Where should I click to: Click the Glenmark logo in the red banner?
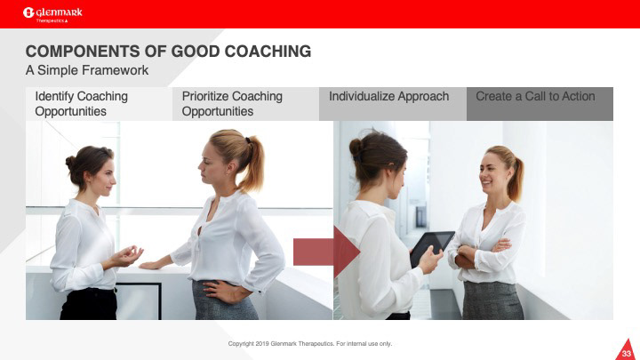(x=52, y=15)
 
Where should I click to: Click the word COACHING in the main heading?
(x=268, y=52)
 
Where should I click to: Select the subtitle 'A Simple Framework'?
(x=87, y=70)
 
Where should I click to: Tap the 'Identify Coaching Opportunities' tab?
(x=100, y=104)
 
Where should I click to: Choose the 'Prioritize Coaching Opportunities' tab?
(x=245, y=104)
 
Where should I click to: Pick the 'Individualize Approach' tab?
(x=393, y=104)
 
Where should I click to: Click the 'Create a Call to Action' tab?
(x=540, y=104)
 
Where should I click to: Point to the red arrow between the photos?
(x=326, y=252)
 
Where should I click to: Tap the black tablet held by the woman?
(x=432, y=248)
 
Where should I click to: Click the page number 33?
(x=627, y=354)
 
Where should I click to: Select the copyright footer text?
(x=310, y=344)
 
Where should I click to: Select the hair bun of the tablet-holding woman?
(x=356, y=148)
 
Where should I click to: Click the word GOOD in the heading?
(x=196, y=52)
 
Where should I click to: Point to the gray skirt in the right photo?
(x=492, y=300)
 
